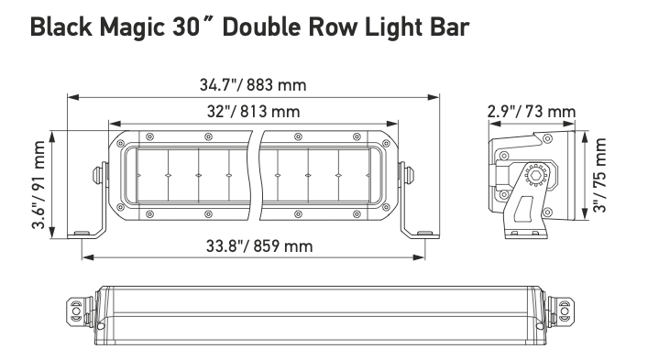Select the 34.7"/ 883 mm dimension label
253,85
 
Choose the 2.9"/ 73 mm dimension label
532,112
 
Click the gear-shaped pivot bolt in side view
534,172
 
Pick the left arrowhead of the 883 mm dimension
72,96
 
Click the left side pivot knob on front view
98,174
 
